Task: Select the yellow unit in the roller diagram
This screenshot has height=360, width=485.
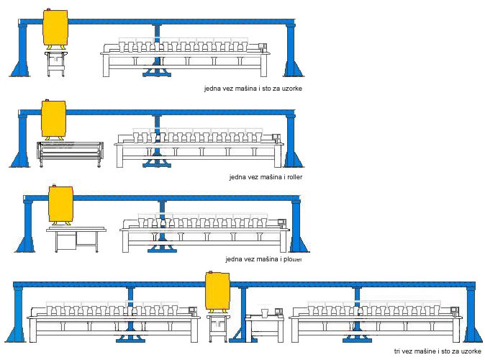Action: coord(54,119)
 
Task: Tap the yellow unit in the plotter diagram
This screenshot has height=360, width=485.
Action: coord(60,204)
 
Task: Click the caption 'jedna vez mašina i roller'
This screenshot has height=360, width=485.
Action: coord(262,176)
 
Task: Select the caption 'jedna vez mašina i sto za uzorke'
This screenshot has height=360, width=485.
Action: coord(253,88)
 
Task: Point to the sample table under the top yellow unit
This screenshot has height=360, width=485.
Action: coord(55,63)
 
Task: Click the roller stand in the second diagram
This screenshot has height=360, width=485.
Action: coord(70,152)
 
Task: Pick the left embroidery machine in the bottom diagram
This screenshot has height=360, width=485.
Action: coord(112,320)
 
